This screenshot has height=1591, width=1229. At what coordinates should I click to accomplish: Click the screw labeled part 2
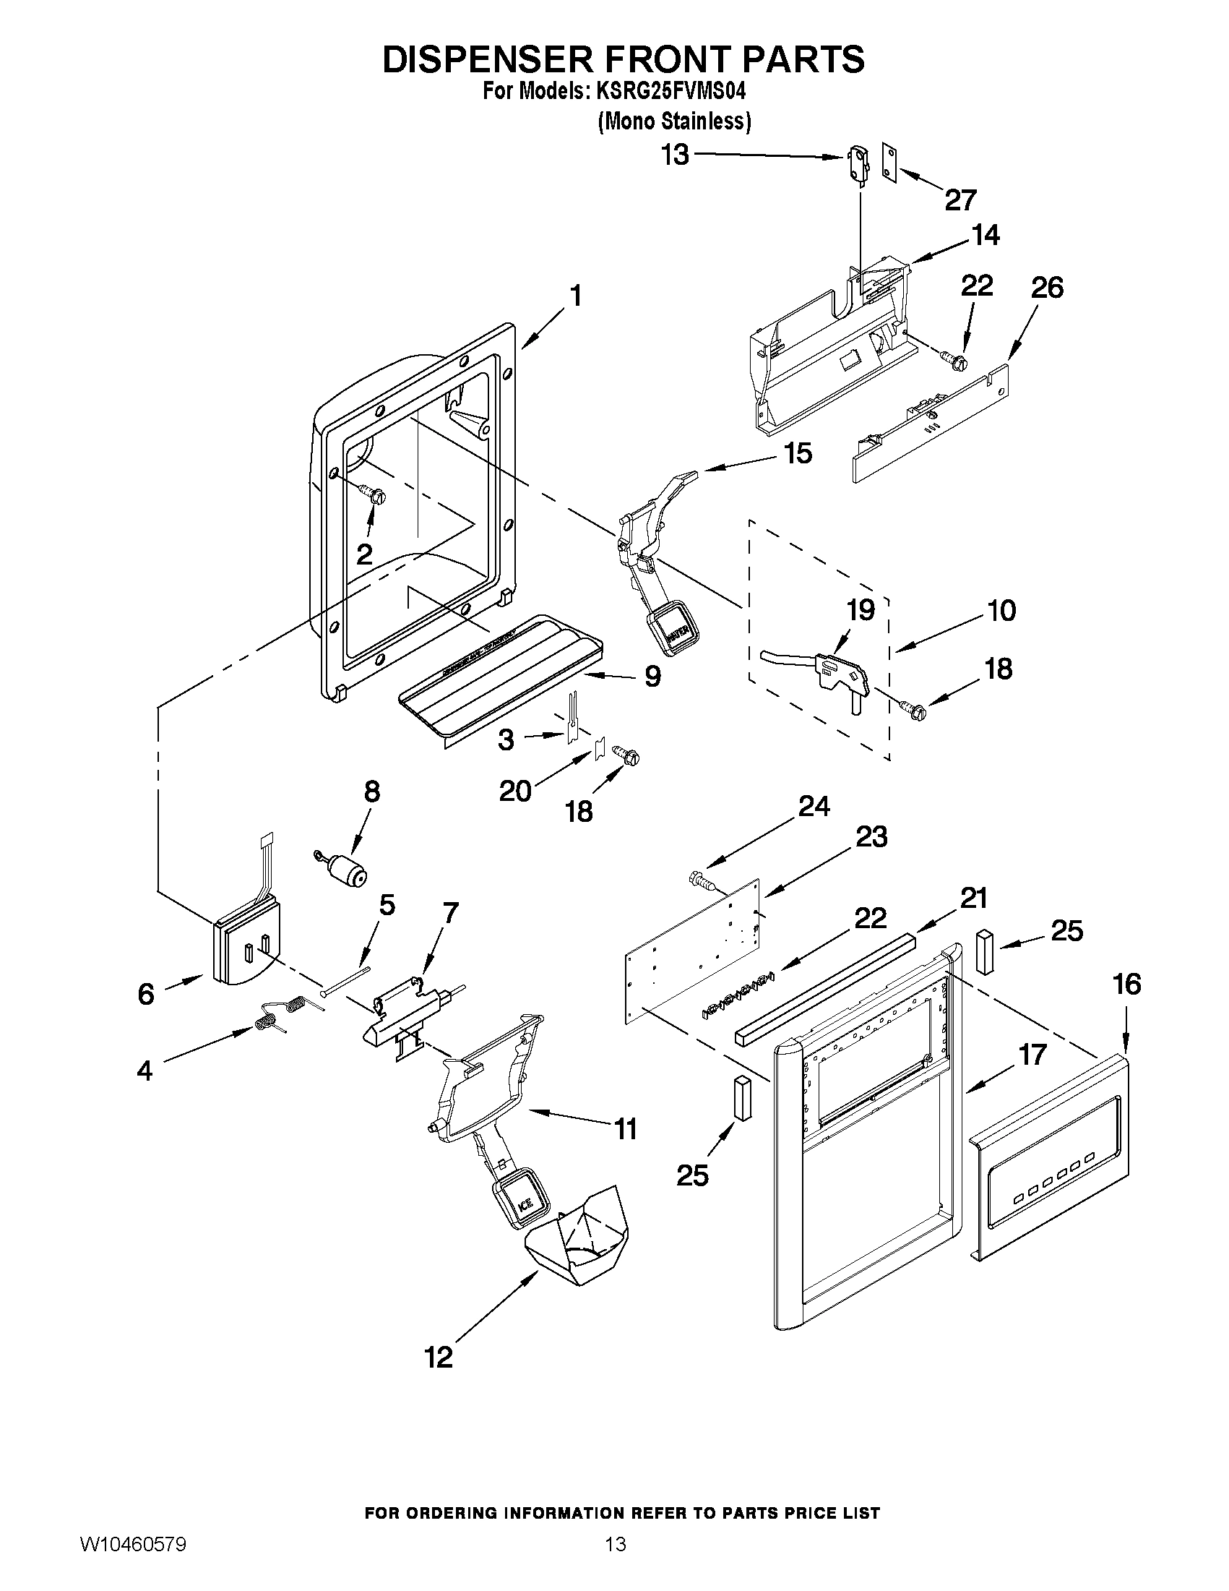coord(376,496)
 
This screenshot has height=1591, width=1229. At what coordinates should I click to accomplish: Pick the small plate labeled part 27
coord(889,160)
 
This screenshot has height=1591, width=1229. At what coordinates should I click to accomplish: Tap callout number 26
coord(1047,287)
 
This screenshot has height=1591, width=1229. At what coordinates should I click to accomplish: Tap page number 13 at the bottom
coord(616,1545)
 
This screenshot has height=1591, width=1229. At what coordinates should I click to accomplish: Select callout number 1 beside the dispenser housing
coord(575,296)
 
